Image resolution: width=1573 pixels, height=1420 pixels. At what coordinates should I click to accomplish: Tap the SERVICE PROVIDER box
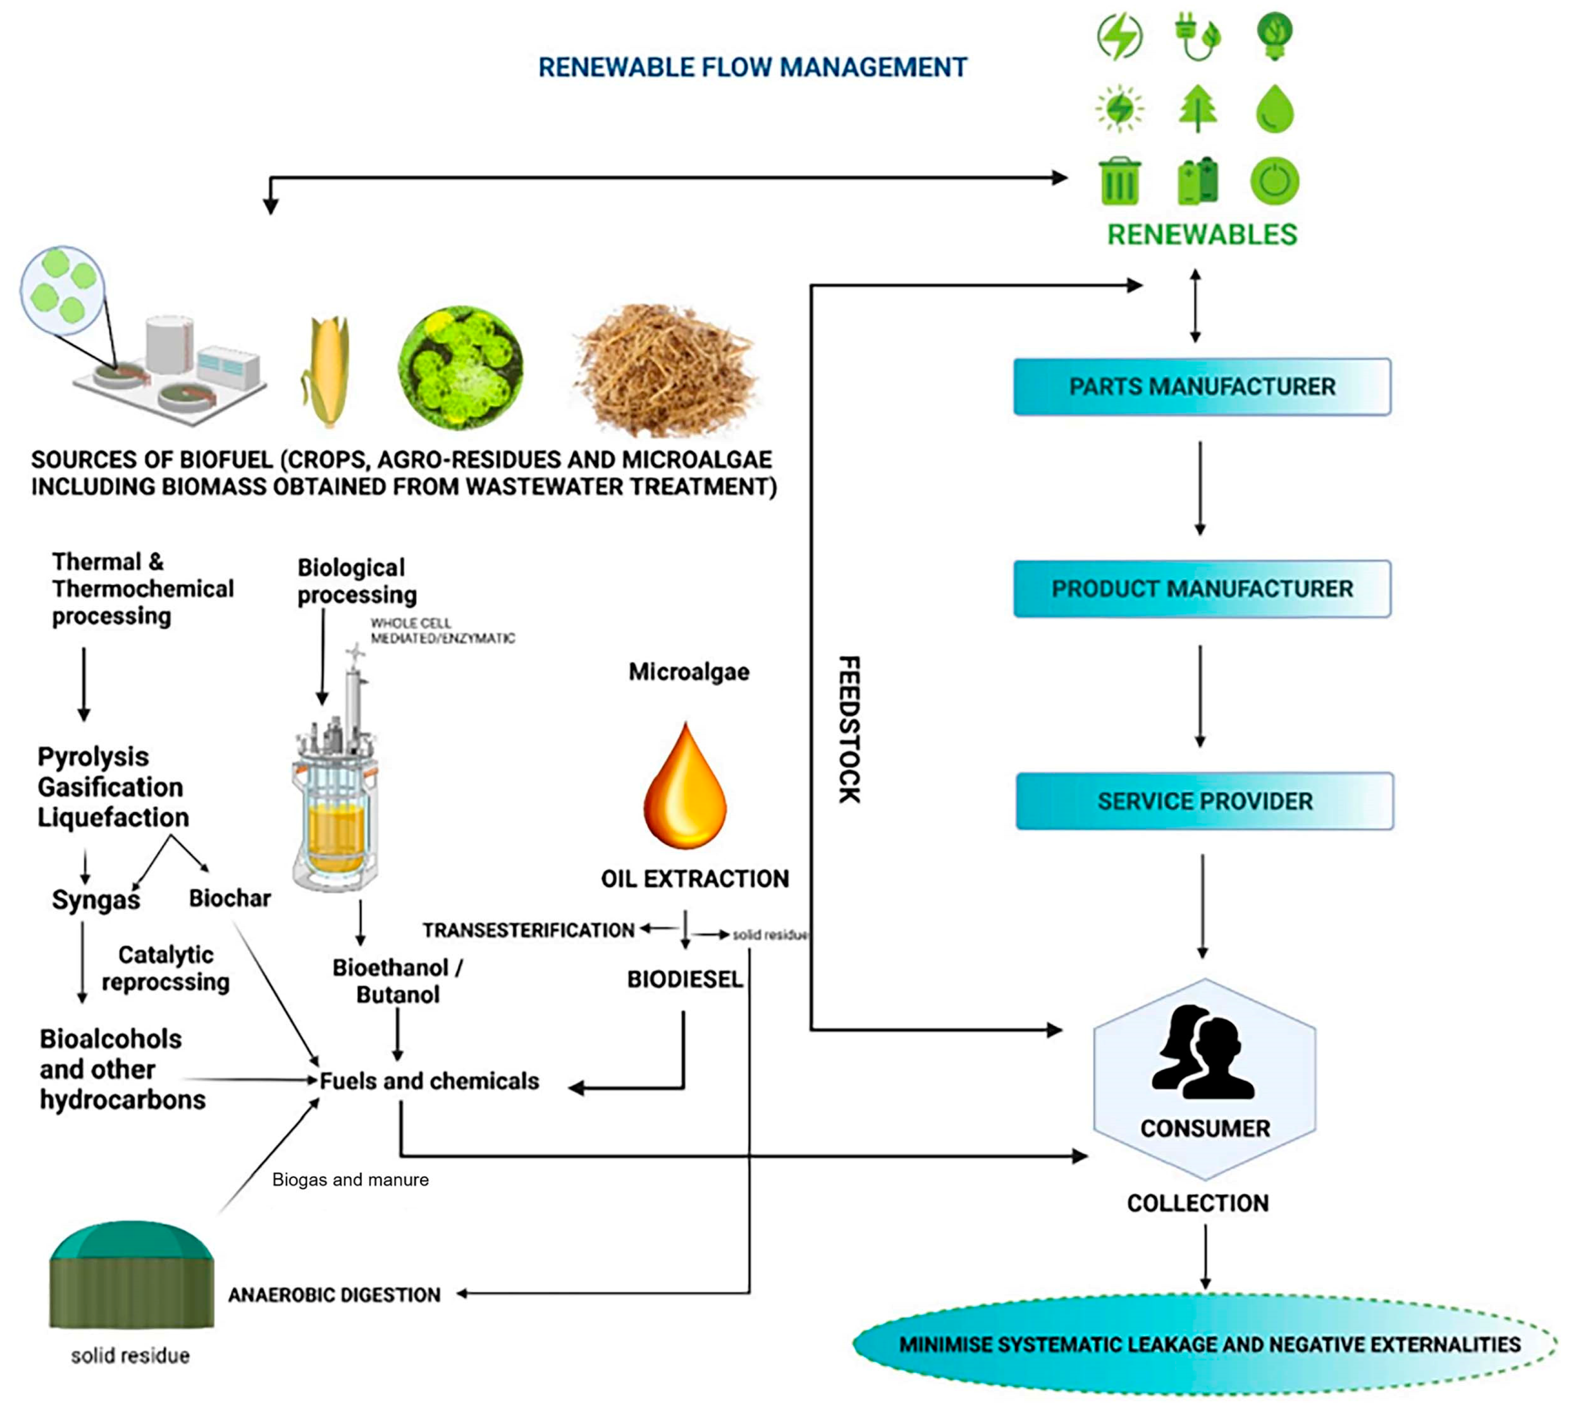point(1204,801)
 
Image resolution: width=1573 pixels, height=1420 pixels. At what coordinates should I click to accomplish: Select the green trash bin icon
point(1119,181)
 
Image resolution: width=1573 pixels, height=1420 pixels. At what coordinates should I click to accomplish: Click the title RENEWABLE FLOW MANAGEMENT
point(753,68)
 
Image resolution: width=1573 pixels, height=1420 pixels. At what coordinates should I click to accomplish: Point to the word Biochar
point(229,898)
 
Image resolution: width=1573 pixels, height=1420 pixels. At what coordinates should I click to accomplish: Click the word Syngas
point(96,899)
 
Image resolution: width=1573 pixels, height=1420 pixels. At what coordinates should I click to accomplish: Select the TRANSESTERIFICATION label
point(528,930)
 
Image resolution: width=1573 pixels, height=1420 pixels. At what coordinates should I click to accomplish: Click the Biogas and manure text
point(350,1180)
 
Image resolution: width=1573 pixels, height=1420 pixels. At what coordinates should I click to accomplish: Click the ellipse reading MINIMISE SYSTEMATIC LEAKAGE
point(1205,1344)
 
